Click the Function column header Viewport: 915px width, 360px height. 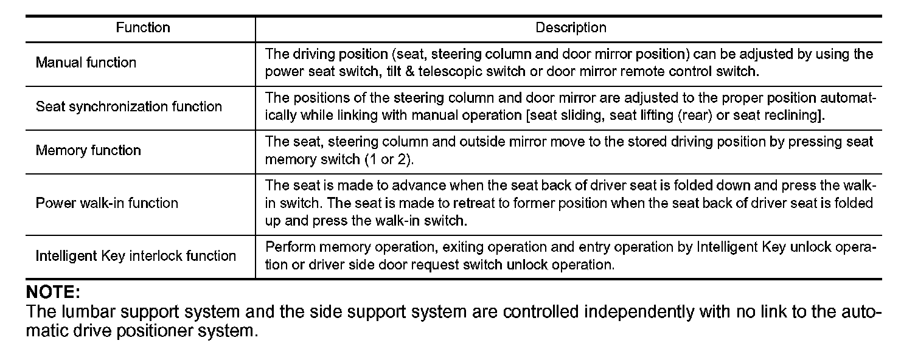143,28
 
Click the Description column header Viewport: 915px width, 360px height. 570,28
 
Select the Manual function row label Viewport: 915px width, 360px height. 86,63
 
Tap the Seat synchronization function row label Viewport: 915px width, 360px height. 129,107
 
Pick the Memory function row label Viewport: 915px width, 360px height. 88,150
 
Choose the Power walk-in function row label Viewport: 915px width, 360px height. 107,203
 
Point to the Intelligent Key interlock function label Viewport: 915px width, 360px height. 136,256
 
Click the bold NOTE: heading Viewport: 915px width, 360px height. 53,292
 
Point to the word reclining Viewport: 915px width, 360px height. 793,116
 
